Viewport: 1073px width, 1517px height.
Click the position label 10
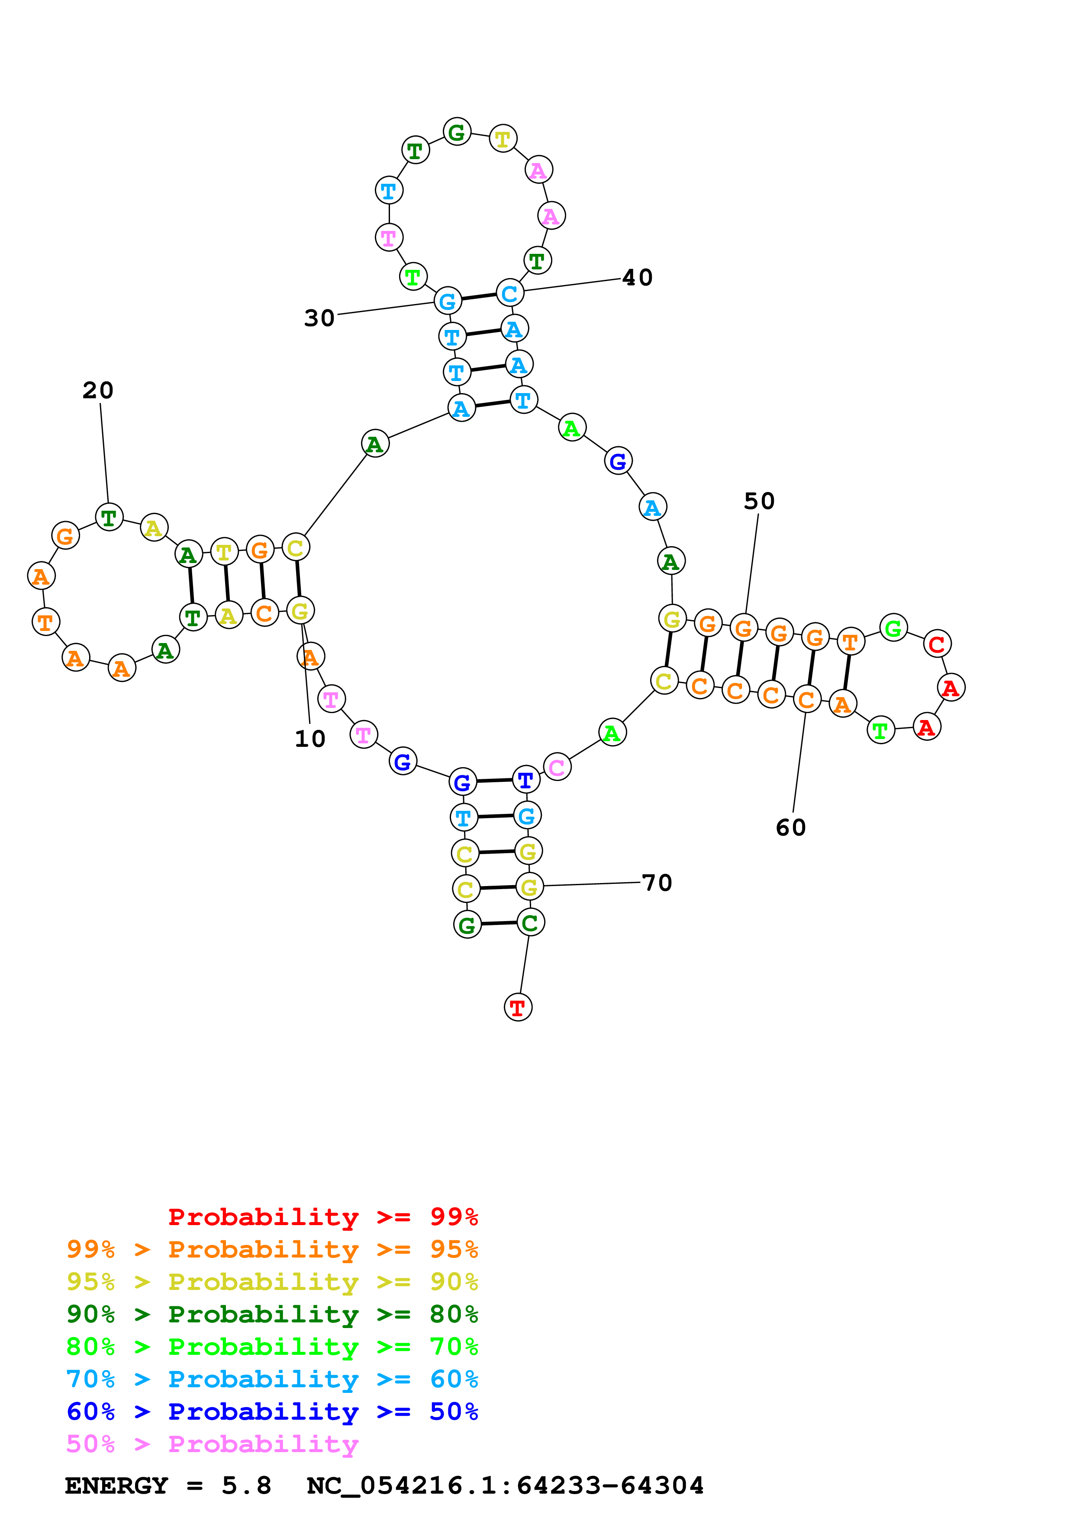[309, 738]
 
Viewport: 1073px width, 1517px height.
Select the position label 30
[319, 318]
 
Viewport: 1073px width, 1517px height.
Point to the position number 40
[637, 278]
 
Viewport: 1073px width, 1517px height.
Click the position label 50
[759, 501]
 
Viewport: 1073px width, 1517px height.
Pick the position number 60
[791, 827]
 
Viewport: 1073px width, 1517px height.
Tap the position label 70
[657, 882]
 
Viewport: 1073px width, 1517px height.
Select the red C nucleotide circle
[937, 643]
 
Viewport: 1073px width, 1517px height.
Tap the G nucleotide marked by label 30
[448, 301]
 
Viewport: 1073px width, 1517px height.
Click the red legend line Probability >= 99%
[322, 1216]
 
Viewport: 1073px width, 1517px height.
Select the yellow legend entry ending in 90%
[272, 1281]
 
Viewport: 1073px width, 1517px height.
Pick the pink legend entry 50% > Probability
[212, 1443]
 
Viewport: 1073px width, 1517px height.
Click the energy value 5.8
[246, 1485]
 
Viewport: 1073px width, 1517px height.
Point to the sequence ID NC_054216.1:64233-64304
[505, 1485]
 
